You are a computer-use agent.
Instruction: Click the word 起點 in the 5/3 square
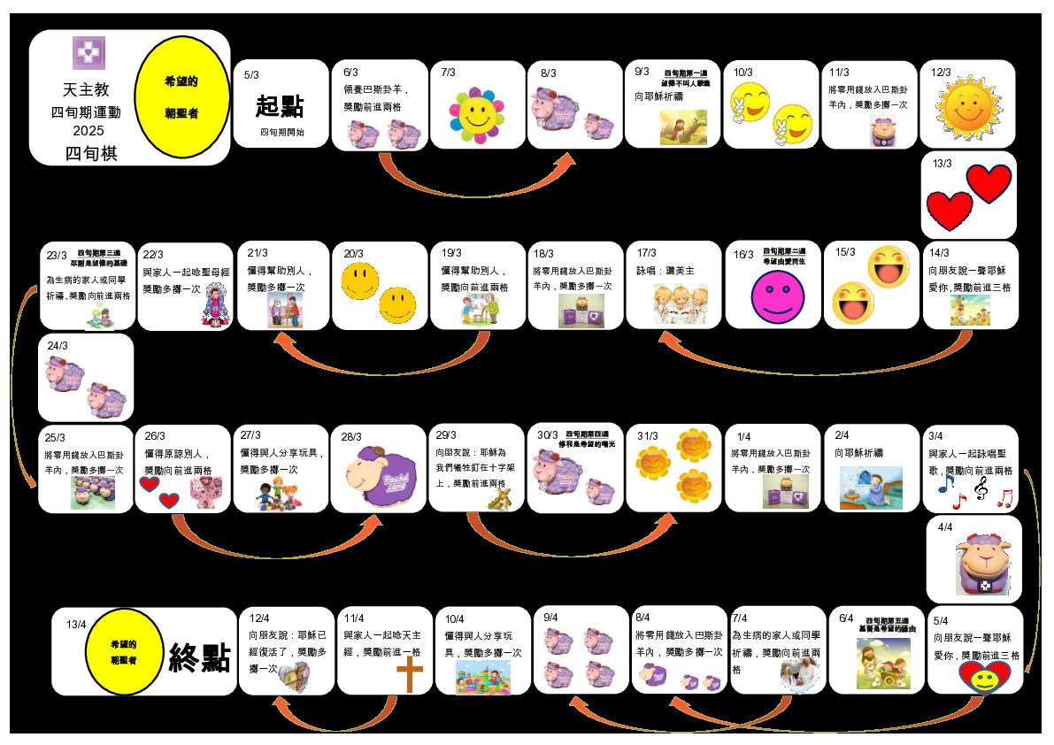(x=279, y=106)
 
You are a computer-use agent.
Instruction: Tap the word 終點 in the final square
(x=200, y=657)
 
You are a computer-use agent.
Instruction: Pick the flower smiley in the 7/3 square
(x=476, y=112)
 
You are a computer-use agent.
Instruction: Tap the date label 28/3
(x=351, y=436)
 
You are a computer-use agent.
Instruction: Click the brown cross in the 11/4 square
(x=410, y=675)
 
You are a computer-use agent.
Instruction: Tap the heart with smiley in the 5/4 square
(x=983, y=679)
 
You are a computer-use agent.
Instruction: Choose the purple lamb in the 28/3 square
(x=380, y=477)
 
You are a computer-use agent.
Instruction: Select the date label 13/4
(x=76, y=624)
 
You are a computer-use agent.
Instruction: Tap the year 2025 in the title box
(x=88, y=130)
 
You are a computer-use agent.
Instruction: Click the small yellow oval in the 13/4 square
(x=123, y=651)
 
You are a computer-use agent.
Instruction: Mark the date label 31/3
(x=648, y=436)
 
